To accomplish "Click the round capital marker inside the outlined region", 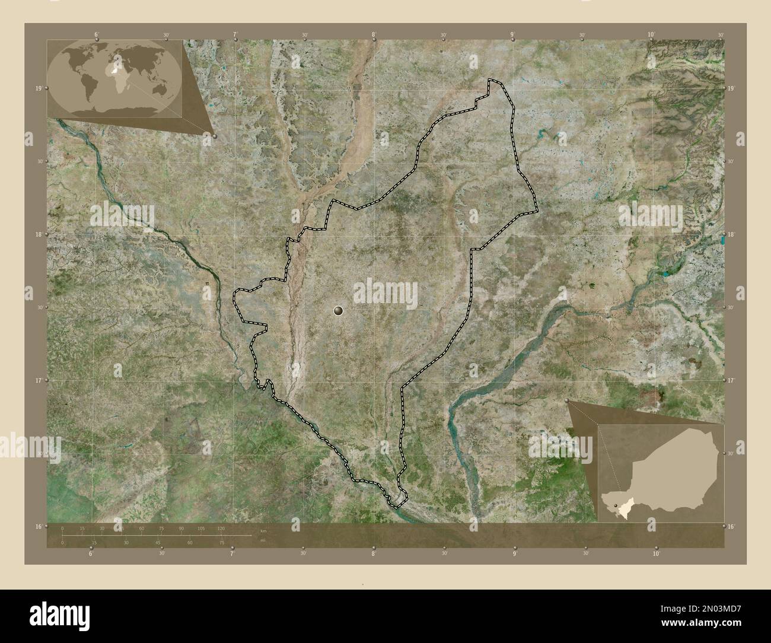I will click(x=339, y=310).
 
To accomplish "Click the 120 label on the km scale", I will click(x=221, y=528).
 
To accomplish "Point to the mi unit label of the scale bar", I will click(x=263, y=540).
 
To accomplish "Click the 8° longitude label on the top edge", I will click(x=374, y=34).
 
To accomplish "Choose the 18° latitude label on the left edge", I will click(x=39, y=234).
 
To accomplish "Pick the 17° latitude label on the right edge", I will click(x=731, y=380).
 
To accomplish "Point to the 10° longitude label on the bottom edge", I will click(x=655, y=553).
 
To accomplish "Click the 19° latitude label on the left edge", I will click(x=39, y=88).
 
